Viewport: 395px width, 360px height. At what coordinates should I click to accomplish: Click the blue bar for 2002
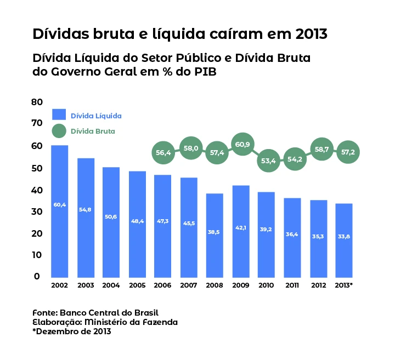[x=59, y=211]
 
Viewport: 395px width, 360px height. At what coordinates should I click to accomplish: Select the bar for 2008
[x=215, y=235]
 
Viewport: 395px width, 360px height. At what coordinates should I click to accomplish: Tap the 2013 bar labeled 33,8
[x=344, y=240]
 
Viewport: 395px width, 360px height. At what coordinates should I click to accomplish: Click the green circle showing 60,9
[x=242, y=145]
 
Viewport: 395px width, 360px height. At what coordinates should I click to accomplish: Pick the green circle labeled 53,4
[x=268, y=161]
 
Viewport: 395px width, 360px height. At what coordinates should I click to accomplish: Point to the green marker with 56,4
[x=163, y=153]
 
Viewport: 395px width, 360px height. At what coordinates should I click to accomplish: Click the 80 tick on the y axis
[x=37, y=102]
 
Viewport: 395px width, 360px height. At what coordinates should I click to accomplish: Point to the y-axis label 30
[x=37, y=212]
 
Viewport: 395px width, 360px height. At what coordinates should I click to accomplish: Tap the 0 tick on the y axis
[x=37, y=277]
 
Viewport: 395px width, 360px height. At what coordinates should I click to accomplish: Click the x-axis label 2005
[x=137, y=285]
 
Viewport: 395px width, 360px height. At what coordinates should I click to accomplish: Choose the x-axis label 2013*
[x=344, y=285]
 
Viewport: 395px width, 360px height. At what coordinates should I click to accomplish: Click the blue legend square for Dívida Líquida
[x=59, y=115]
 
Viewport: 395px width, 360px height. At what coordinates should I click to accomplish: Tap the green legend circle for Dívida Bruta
[x=59, y=131]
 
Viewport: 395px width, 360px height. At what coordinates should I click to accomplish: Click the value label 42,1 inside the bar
[x=241, y=228]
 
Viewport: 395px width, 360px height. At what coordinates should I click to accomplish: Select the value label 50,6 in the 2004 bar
[x=111, y=216]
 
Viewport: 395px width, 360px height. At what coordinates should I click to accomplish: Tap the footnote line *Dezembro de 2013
[x=72, y=332]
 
